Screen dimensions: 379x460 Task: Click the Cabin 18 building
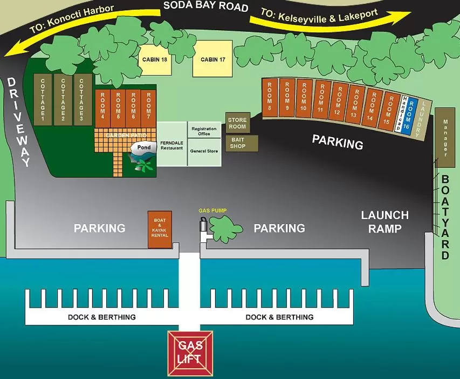click(155, 59)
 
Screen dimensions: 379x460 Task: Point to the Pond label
click(144, 147)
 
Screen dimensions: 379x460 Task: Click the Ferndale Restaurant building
click(171, 144)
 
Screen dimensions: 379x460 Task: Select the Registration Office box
click(204, 132)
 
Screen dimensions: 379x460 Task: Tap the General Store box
click(204, 152)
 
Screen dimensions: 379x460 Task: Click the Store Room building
click(237, 123)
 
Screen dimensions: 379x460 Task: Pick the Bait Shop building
click(237, 143)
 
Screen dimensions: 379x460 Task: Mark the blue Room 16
click(413, 114)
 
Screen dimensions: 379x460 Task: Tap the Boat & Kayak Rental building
click(160, 229)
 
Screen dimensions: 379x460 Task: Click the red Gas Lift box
click(190, 354)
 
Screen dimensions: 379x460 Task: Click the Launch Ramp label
click(385, 221)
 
